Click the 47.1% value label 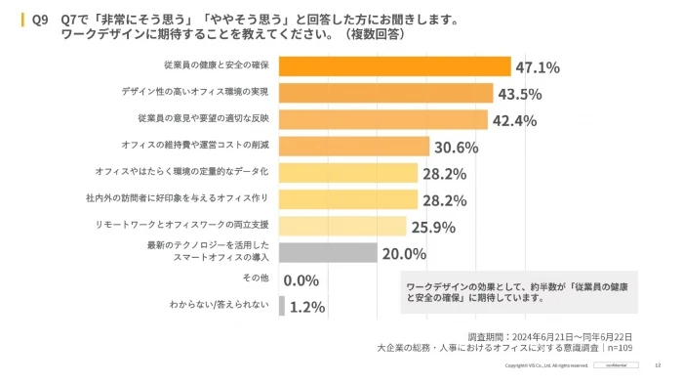(538, 67)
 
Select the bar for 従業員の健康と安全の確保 (395, 66)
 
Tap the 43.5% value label (520, 94)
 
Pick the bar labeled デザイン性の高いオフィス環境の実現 (386, 93)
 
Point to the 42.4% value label (514, 120)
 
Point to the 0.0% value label (301, 280)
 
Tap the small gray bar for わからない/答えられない (282, 306)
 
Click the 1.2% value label (306, 307)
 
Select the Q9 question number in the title (40, 19)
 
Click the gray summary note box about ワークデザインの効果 (518, 292)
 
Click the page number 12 (658, 365)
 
